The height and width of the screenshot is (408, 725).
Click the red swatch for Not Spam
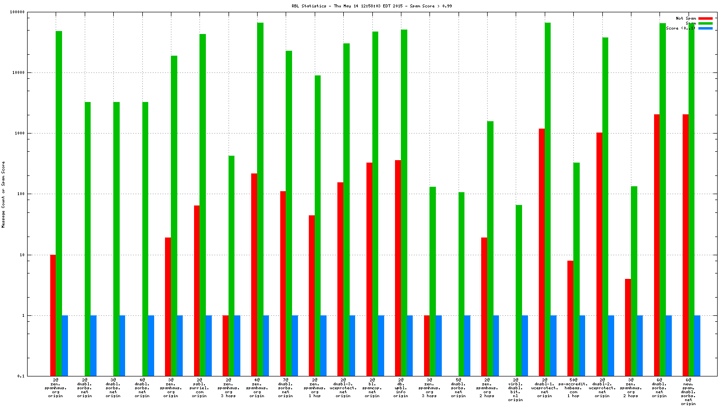pos(705,18)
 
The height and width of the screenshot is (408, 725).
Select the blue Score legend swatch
pos(705,28)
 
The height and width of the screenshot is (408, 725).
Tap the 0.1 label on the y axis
pos(21,376)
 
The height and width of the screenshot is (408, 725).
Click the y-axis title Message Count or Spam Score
pos(3,195)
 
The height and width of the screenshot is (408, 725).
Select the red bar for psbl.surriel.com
pos(197,291)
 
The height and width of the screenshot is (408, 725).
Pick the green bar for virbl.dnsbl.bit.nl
pos(519,290)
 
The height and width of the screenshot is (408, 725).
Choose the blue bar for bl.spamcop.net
pos(381,345)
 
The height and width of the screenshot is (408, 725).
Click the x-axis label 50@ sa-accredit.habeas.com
pos(573,388)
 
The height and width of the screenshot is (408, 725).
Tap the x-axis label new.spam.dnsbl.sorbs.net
pos(688,392)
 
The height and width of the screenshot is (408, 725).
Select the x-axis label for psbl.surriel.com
pos(199,388)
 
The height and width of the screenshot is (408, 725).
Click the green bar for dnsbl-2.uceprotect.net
pos(605,206)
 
